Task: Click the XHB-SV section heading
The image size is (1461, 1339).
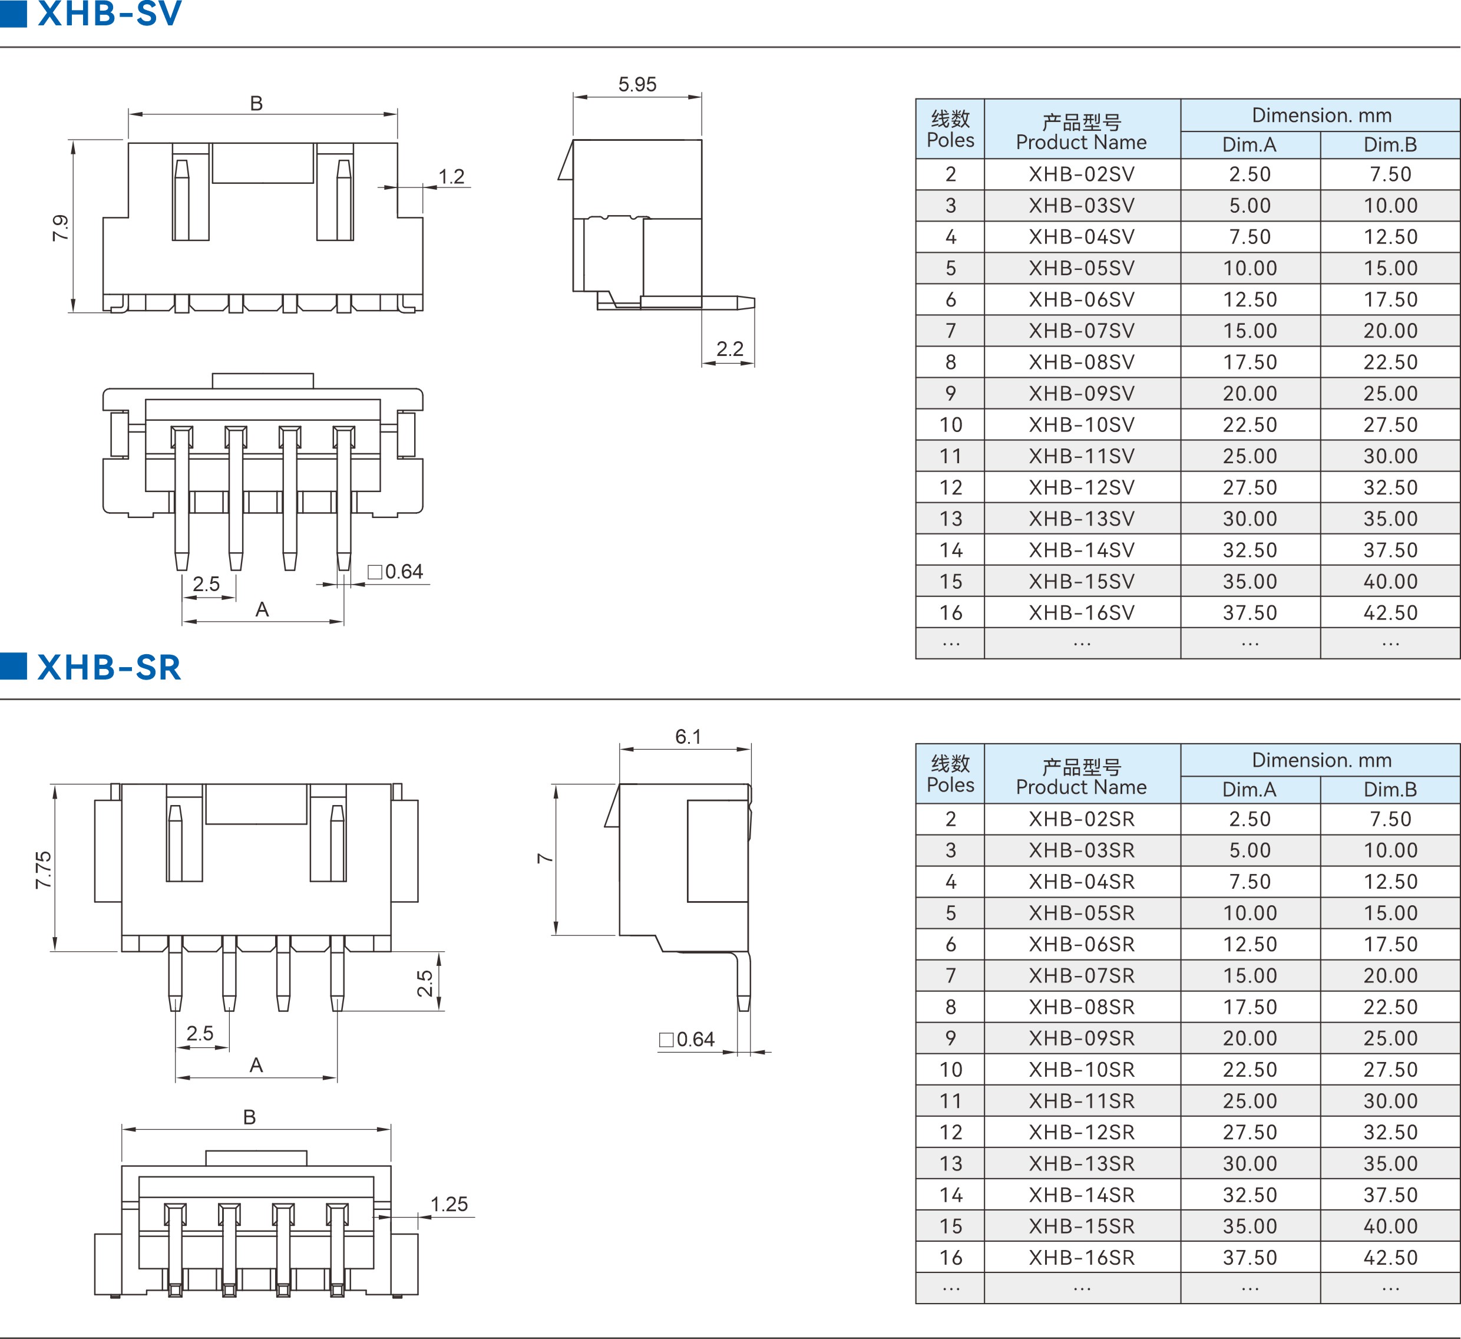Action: click(109, 13)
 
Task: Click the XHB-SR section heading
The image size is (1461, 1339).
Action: click(109, 667)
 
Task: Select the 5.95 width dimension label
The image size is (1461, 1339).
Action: click(637, 84)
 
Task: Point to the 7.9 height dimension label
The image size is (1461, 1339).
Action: click(60, 227)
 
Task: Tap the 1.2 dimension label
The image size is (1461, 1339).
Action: click(451, 176)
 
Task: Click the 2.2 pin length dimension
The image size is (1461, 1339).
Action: click(730, 349)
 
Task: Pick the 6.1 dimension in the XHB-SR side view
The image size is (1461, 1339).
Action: click(687, 737)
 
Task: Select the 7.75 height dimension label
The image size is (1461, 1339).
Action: click(44, 869)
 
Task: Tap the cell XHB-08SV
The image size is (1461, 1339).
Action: click(1081, 362)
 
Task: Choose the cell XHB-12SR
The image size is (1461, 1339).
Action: click(1081, 1132)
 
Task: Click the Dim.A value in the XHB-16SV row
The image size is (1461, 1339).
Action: click(1250, 612)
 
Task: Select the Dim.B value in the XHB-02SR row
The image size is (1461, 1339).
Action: click(1390, 819)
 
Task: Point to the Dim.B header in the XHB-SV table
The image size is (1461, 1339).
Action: click(1390, 144)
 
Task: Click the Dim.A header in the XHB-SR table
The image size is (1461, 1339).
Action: click(1250, 789)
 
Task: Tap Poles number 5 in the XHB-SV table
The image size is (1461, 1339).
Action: click(950, 268)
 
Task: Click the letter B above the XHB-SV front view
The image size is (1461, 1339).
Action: click(256, 103)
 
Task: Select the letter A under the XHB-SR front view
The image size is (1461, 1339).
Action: click(256, 1065)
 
